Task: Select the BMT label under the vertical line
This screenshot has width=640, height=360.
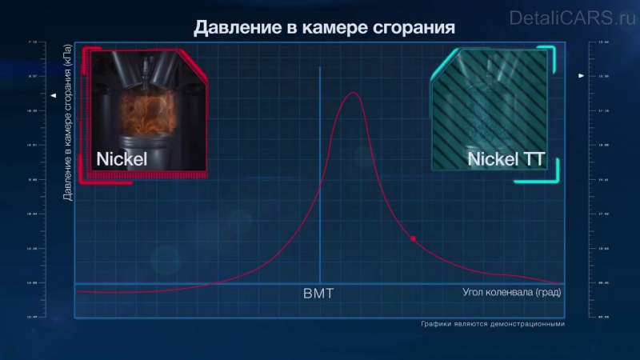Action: pyautogui.click(x=318, y=294)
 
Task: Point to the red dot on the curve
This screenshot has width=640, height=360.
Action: pyautogui.click(x=413, y=238)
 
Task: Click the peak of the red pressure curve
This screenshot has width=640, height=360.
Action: pyautogui.click(x=350, y=94)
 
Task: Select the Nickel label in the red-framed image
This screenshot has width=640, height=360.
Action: pyautogui.click(x=122, y=158)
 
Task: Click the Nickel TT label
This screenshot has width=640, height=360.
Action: pyautogui.click(x=506, y=159)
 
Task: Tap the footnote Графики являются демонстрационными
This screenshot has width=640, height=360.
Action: pyautogui.click(x=494, y=325)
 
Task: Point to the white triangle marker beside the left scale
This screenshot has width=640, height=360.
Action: pyautogui.click(x=54, y=96)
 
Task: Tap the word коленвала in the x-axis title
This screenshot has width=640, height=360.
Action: pyautogui.click(x=511, y=292)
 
